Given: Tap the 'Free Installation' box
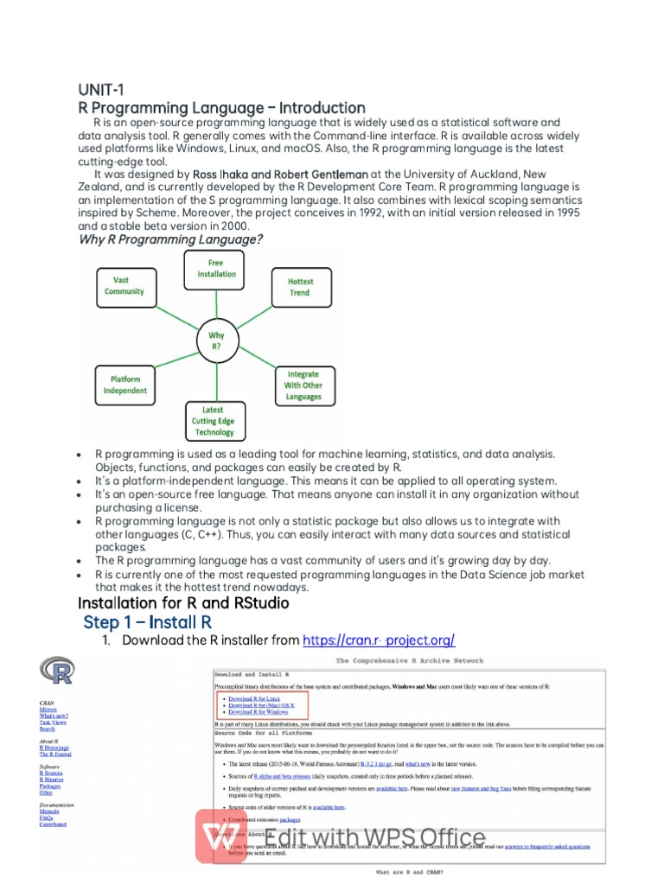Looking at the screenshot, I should pos(215,268).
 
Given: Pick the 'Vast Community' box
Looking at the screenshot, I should pos(124,286).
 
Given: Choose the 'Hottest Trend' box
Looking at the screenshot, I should pos(301,287).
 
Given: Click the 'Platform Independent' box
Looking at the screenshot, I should pos(124,385).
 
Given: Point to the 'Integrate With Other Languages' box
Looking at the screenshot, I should pos(303,385).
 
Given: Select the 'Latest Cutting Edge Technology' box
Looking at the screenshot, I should pos(214,421).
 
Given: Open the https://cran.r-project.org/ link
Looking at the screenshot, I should pos(379,640).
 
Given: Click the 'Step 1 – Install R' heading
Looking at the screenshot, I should pos(146,622).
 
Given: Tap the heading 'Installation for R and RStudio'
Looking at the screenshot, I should pos(183,602).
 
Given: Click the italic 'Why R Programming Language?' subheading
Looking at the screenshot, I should pos(171,239).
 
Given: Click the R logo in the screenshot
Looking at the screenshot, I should pos(57,671).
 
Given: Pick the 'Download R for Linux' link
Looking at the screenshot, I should pos(253,698).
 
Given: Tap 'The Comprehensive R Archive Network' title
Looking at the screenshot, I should pos(410,660).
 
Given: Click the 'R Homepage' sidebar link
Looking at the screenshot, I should pos(54,748).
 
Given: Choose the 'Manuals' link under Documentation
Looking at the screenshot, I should pos(50,812).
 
